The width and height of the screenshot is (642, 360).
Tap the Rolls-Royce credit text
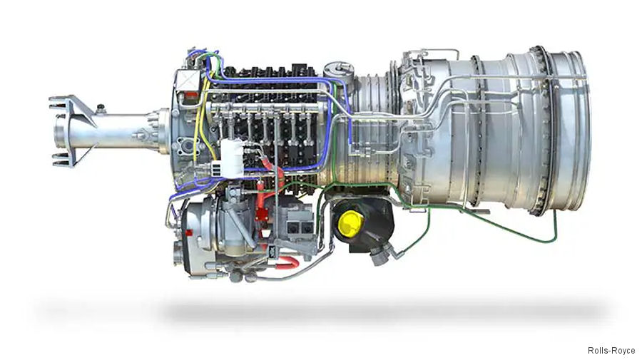click(x=611, y=350)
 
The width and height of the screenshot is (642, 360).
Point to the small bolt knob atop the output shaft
click(x=101, y=108)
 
